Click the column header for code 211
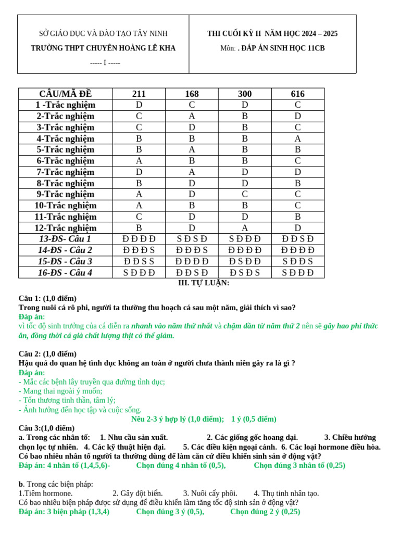coord(139,94)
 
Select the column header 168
coord(192,94)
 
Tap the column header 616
coord(297,94)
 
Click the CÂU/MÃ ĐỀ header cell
coord(66,94)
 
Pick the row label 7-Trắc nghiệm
coord(66,172)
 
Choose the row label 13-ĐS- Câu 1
coord(66,239)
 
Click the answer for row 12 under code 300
coord(245,228)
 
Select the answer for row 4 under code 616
coord(297,138)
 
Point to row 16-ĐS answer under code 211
coord(139,273)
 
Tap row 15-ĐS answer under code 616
coord(297,261)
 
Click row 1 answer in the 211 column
coord(139,105)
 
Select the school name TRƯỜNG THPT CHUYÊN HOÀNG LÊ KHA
coord(103,48)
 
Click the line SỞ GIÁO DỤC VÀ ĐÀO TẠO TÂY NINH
coord(103,34)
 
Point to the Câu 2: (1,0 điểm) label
coord(47,354)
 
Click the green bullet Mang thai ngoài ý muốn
coord(60,391)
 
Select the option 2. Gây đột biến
coord(137,493)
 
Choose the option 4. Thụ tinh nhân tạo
coord(286,493)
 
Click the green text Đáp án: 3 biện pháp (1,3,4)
coord(64,512)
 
